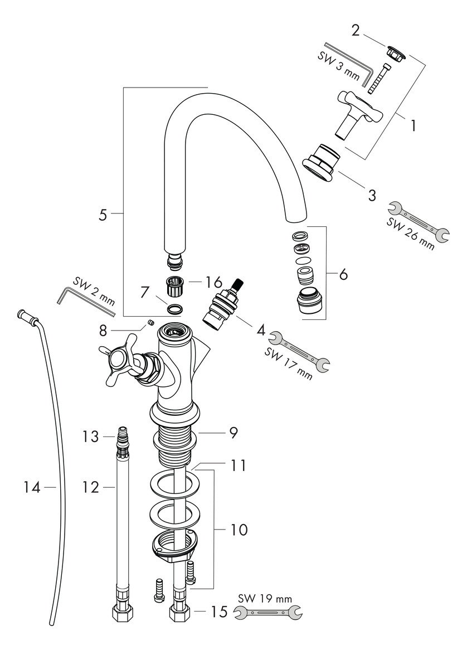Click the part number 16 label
coord(214,280)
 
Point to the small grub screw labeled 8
coord(149,322)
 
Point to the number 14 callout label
coord(32,488)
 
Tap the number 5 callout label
coord(103,215)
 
